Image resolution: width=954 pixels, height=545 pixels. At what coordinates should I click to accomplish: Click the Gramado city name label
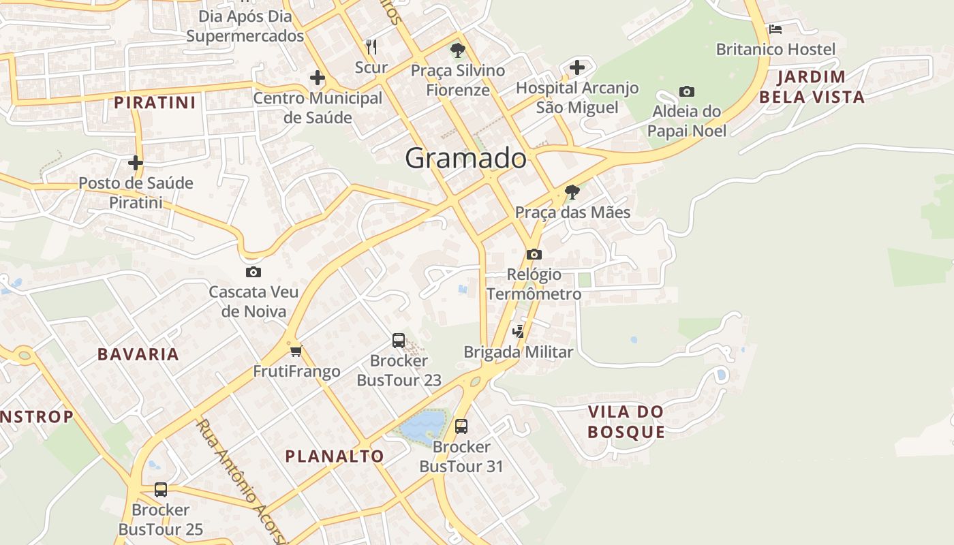[x=466, y=158]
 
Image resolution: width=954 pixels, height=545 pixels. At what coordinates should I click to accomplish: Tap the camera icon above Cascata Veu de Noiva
[x=253, y=272]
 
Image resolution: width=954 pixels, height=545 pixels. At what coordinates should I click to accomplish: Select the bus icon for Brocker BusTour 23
[x=399, y=340]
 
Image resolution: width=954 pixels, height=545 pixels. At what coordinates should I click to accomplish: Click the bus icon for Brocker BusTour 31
[x=461, y=426]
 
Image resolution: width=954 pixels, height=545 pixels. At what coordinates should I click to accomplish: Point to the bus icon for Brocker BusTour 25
[x=161, y=489]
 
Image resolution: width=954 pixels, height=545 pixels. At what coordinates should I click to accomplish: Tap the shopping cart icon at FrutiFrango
[x=296, y=352]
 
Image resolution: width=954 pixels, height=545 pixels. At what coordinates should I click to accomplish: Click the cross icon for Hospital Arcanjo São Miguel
[x=577, y=67]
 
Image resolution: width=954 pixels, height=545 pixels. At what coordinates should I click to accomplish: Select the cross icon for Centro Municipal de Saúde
[x=318, y=78]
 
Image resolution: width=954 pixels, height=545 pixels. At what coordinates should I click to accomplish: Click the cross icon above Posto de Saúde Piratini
[x=136, y=163]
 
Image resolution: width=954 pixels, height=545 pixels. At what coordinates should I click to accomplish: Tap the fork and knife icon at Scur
[x=371, y=46]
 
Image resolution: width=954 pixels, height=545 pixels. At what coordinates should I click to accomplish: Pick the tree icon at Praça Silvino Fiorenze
[x=458, y=50]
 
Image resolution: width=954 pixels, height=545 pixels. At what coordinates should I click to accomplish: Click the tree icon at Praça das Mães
[x=572, y=191]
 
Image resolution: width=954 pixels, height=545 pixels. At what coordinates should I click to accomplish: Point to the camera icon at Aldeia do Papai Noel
[x=687, y=91]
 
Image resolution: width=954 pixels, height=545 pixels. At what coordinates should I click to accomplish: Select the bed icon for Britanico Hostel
[x=775, y=29]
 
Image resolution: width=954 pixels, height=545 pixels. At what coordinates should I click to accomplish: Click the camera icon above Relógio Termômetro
[x=534, y=254]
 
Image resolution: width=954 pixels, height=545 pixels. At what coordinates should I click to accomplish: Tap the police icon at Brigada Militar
[x=519, y=332]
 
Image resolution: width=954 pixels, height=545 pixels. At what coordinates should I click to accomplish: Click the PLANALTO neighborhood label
[x=335, y=456]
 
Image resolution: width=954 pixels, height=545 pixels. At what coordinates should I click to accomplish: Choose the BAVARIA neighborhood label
[x=138, y=354]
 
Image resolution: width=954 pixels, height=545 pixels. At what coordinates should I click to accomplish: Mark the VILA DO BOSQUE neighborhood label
[x=626, y=422]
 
